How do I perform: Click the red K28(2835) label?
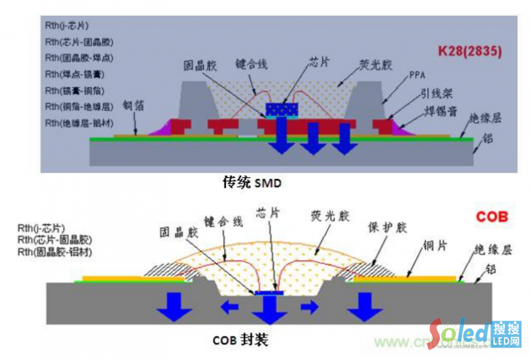pos(470,50)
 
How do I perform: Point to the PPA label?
pos(417,74)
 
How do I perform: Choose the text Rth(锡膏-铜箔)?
pos(73,90)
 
